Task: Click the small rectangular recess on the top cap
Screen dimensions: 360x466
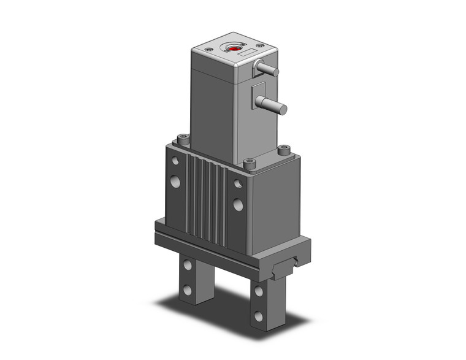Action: (x=243, y=55)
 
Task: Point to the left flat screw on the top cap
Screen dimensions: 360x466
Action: (x=210, y=49)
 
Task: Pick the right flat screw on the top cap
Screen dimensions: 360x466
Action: (x=261, y=45)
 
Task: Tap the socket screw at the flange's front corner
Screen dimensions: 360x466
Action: (x=249, y=163)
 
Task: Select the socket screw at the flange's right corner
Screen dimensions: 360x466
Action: (x=283, y=148)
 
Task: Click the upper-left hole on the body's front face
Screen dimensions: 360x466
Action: (x=175, y=161)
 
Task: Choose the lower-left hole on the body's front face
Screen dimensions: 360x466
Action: (x=175, y=182)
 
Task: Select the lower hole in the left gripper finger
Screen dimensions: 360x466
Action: (x=187, y=290)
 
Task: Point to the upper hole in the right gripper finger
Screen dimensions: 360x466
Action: (x=259, y=291)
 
